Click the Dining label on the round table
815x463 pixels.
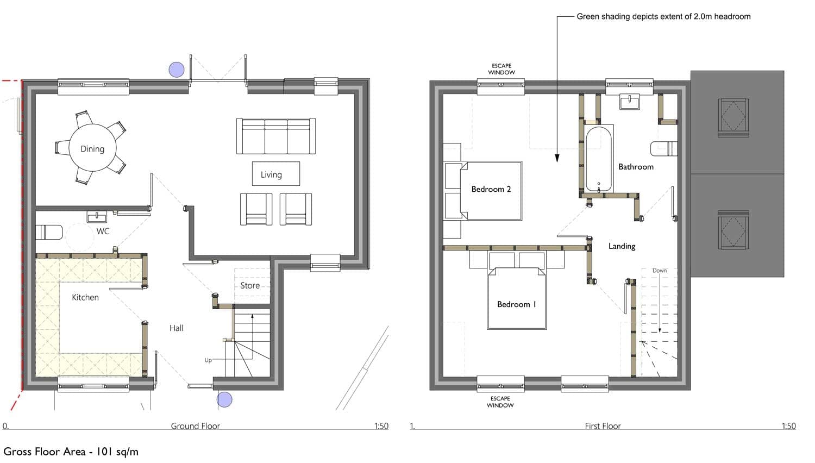[92, 149]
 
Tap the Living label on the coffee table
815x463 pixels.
[271, 175]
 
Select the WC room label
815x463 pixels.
[103, 231]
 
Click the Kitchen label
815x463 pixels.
[85, 297]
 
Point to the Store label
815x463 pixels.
[250, 286]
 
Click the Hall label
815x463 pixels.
[177, 328]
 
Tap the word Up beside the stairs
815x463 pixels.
[208, 360]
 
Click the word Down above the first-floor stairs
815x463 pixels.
[659, 271]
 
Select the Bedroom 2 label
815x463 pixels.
[491, 189]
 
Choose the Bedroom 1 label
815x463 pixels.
[517, 304]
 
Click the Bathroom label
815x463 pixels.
[636, 167]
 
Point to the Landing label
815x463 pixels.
[622, 246]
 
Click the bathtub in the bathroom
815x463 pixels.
[599, 159]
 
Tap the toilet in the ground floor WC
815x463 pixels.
[49, 232]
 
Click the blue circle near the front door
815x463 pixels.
[224, 399]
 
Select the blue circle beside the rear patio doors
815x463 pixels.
[177, 70]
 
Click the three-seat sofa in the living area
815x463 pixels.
[276, 136]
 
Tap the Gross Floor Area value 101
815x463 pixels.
[105, 452]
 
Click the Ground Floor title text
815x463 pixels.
[196, 426]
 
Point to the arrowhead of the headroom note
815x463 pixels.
[557, 158]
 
